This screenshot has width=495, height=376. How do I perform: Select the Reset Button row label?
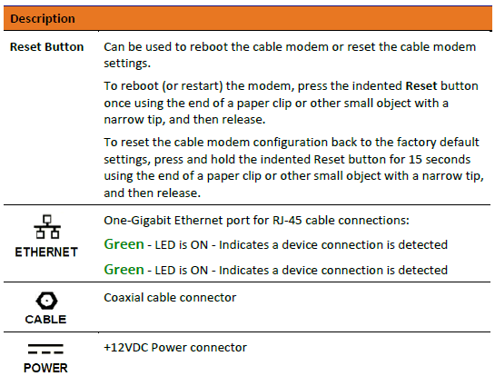click(47, 46)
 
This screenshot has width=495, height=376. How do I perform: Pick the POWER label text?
click(45, 367)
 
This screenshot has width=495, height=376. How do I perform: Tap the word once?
click(119, 103)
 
